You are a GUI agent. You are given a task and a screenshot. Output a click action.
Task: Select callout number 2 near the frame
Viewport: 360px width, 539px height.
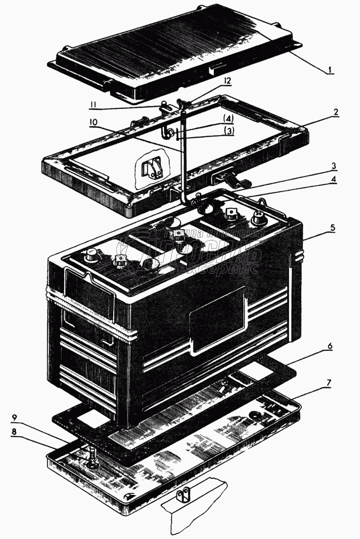335,112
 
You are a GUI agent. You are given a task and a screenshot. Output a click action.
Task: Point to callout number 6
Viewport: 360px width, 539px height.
330,346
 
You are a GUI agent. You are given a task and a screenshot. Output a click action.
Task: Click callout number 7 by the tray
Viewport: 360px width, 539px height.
329,383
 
